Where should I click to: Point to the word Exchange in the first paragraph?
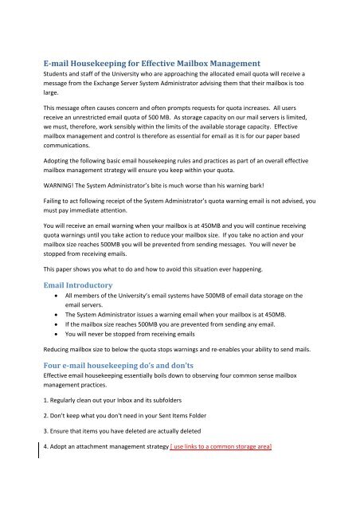[x=124, y=84]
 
